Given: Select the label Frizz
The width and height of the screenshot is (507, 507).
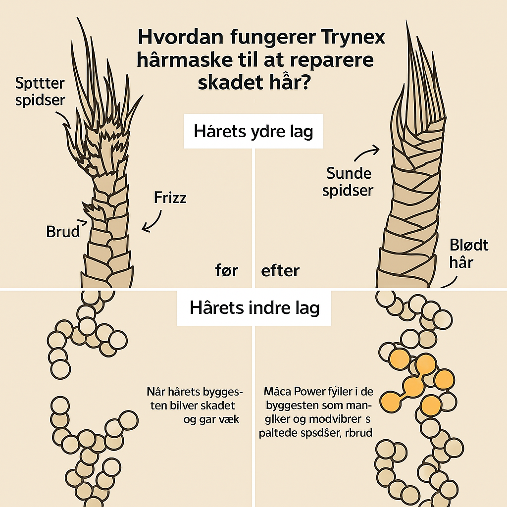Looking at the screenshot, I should tap(170, 198).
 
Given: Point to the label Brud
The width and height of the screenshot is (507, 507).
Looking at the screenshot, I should tap(63, 231).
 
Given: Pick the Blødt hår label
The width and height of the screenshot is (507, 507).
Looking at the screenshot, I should tap(469, 253).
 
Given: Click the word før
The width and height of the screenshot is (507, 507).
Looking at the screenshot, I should tap(227, 271).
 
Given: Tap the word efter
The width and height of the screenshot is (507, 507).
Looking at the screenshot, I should tap(280, 271).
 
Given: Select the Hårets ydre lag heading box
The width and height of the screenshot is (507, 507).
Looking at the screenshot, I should tap(253, 132).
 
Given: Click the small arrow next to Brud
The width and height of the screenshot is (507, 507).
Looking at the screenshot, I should tap(84, 224).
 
